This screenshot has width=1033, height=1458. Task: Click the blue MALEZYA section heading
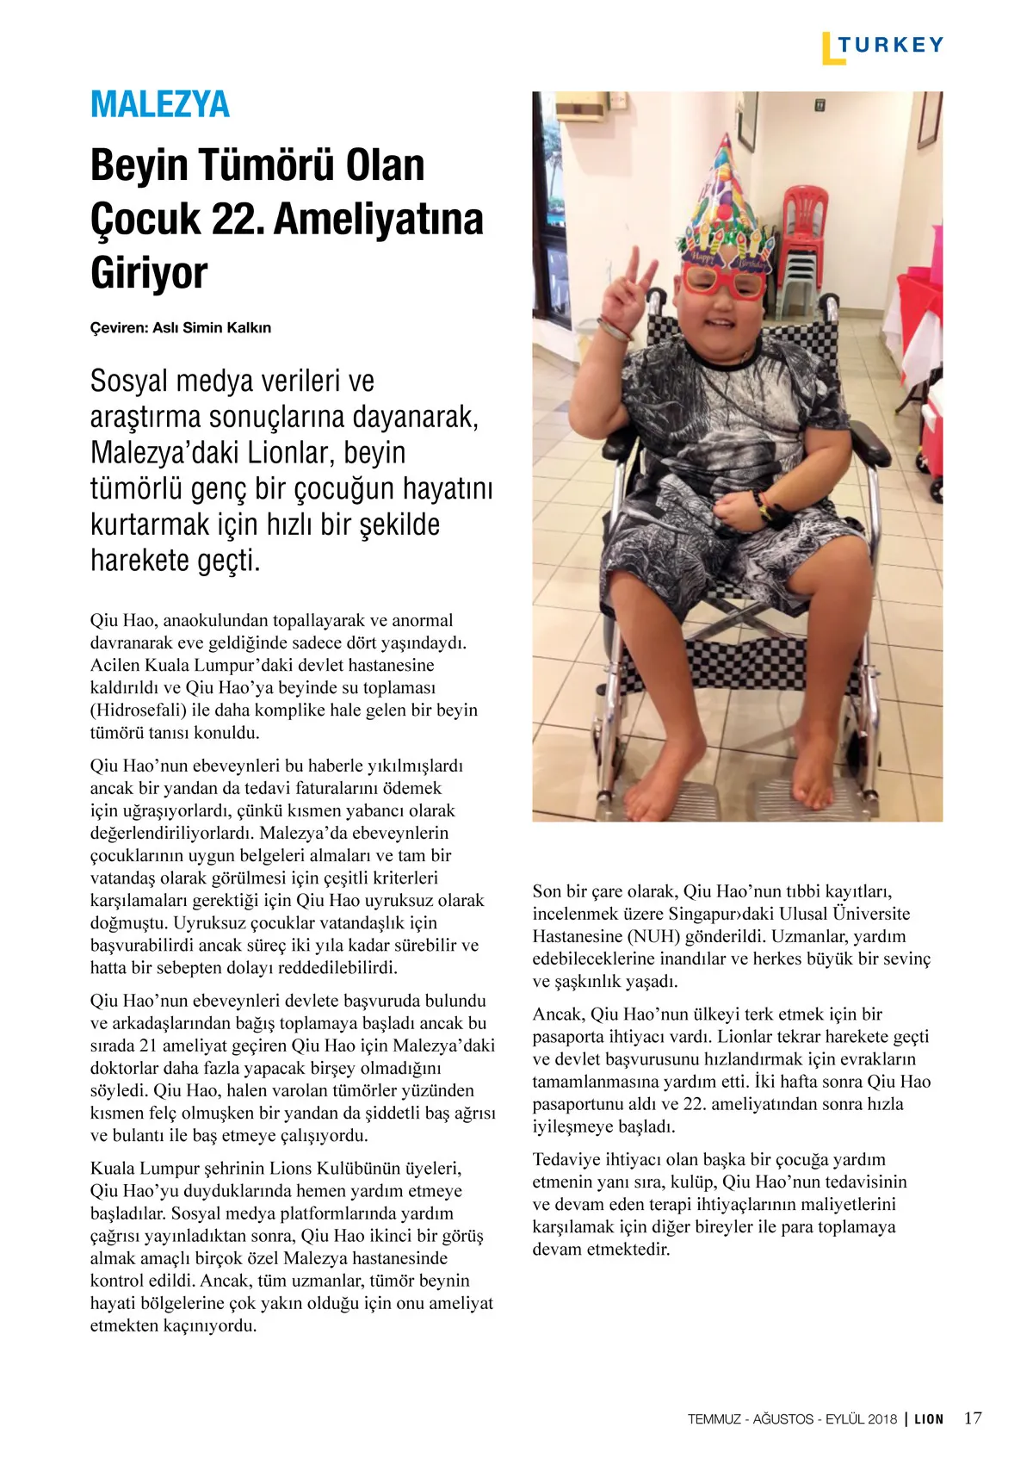[x=160, y=104]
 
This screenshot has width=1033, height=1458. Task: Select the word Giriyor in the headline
[x=149, y=272]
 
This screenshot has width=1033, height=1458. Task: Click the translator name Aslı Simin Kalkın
[x=212, y=328]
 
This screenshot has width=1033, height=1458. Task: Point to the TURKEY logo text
[x=891, y=45]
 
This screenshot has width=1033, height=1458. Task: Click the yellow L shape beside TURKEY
[x=828, y=49]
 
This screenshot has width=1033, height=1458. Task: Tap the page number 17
[x=973, y=1418]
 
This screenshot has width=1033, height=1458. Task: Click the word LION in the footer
[x=929, y=1419]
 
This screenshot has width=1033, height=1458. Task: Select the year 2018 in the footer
[x=882, y=1419]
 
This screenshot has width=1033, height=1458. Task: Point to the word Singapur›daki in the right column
[x=721, y=914]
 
